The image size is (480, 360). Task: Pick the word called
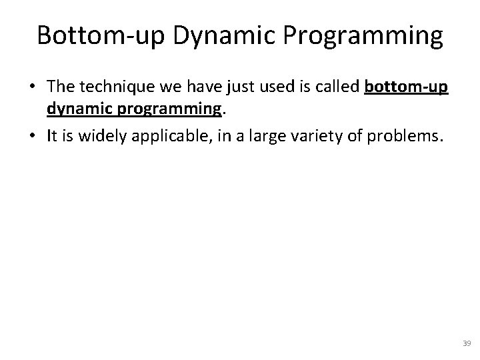coord(338,88)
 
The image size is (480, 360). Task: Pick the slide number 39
coord(466,343)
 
